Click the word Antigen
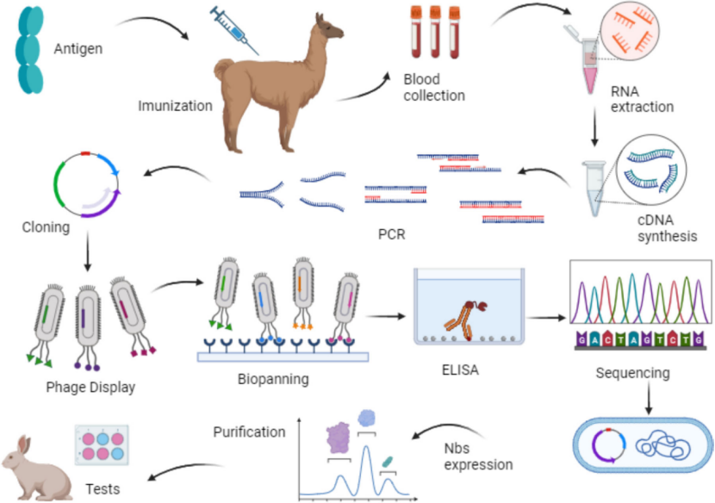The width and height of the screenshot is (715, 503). [x=78, y=49]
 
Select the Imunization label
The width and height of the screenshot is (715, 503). [x=175, y=107]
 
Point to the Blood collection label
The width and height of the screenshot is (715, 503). [x=434, y=87]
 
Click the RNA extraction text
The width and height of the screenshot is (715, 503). [x=641, y=98]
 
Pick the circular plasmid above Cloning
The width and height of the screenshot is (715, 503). [x=86, y=183]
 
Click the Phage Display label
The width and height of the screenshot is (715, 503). [x=90, y=388]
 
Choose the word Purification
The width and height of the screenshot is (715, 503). [x=249, y=432]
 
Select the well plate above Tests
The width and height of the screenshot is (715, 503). [x=102, y=447]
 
